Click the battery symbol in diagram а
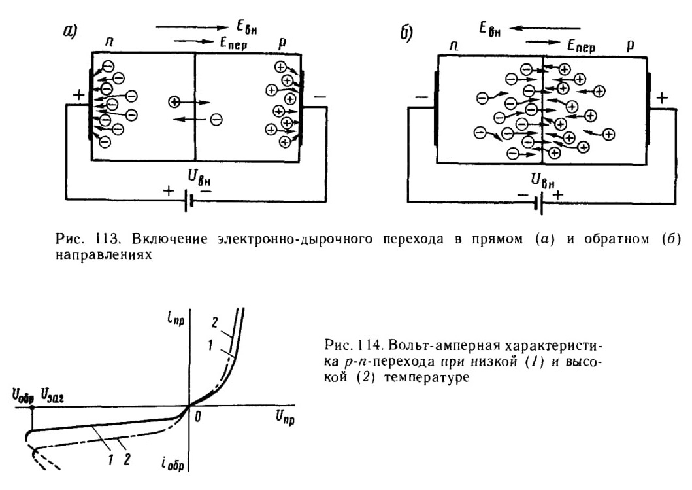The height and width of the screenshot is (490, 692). (x=188, y=203)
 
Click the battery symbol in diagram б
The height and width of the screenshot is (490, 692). (x=538, y=204)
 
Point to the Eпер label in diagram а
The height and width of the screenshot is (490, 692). (x=233, y=43)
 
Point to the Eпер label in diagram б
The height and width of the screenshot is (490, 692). (x=581, y=46)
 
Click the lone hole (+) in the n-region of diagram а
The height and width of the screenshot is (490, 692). (x=174, y=102)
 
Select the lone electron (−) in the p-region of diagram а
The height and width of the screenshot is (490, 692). (x=216, y=119)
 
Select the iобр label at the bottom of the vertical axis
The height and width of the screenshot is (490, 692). (x=173, y=464)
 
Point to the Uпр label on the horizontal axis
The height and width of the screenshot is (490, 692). (x=285, y=417)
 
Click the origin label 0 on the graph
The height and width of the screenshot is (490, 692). (x=198, y=417)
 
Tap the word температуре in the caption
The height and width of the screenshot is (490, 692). (x=427, y=377)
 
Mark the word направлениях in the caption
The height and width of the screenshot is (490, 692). (x=104, y=255)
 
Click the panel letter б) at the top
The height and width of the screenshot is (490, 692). (x=406, y=33)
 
